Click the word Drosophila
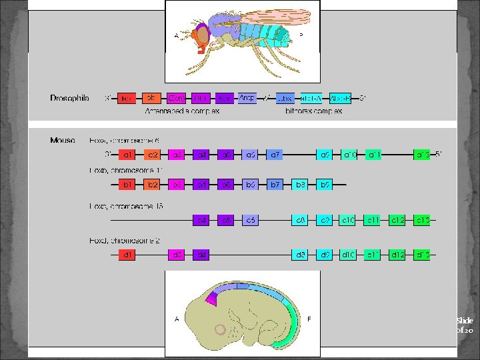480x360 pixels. tap(69, 99)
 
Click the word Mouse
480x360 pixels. tap(63, 141)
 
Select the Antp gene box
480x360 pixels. tap(248, 99)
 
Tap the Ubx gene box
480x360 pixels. tap(286, 99)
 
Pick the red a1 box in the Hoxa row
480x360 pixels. tap(127, 155)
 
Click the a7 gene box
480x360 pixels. tap(275, 155)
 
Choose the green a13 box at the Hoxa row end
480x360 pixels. tap(422, 155)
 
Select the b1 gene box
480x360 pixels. tap(127, 184)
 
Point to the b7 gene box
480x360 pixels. tap(275, 184)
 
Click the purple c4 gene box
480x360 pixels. tap(201, 219)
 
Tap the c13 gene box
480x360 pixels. tap(422, 219)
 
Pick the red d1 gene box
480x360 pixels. tap(127, 254)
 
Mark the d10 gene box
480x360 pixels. tap(348, 254)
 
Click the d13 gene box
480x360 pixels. tap(422, 254)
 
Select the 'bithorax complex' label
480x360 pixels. tap(312, 111)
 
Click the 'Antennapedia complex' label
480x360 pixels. tap(182, 111)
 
